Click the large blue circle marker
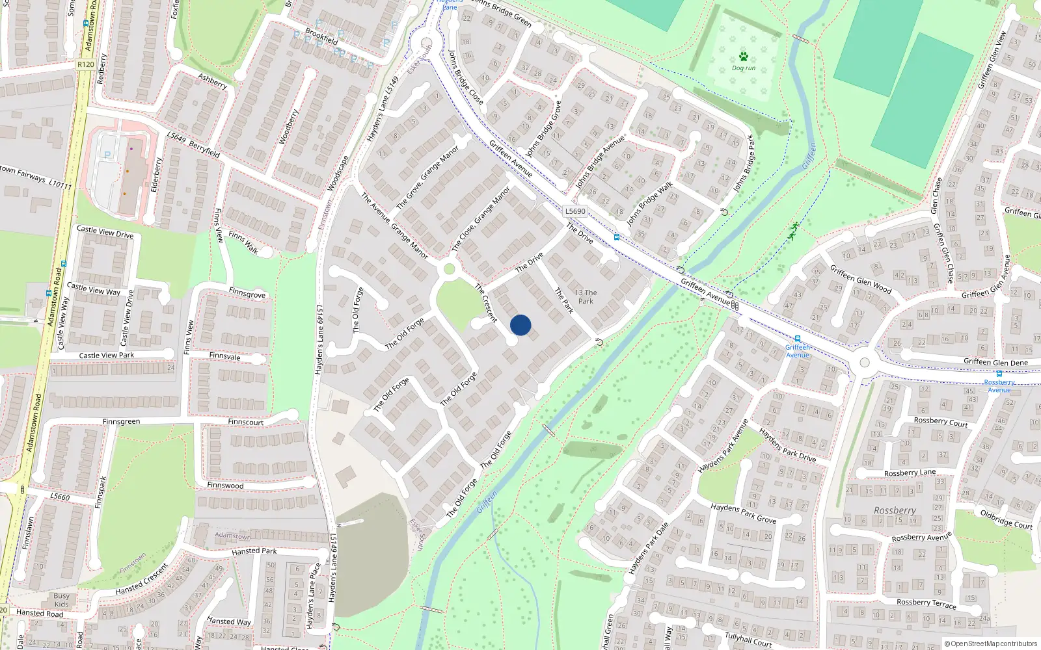click(x=520, y=325)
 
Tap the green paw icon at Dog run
click(x=744, y=57)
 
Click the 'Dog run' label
click(x=744, y=68)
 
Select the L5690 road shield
click(x=575, y=211)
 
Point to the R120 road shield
click(x=85, y=64)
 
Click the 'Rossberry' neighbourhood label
click(x=895, y=511)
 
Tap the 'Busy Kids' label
click(x=61, y=600)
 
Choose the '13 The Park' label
click(x=586, y=296)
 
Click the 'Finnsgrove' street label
click(x=247, y=293)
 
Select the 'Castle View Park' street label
click(x=107, y=356)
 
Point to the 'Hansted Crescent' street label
click(x=141, y=579)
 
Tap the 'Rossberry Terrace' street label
click(x=926, y=603)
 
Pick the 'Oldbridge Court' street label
click(x=1006, y=519)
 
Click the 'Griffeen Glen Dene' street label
click(x=995, y=362)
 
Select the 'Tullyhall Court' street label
click(x=748, y=640)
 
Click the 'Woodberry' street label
click(x=288, y=127)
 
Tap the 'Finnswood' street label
click(x=225, y=486)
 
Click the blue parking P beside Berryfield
click(x=108, y=155)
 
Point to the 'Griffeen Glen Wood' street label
click(x=860, y=279)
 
